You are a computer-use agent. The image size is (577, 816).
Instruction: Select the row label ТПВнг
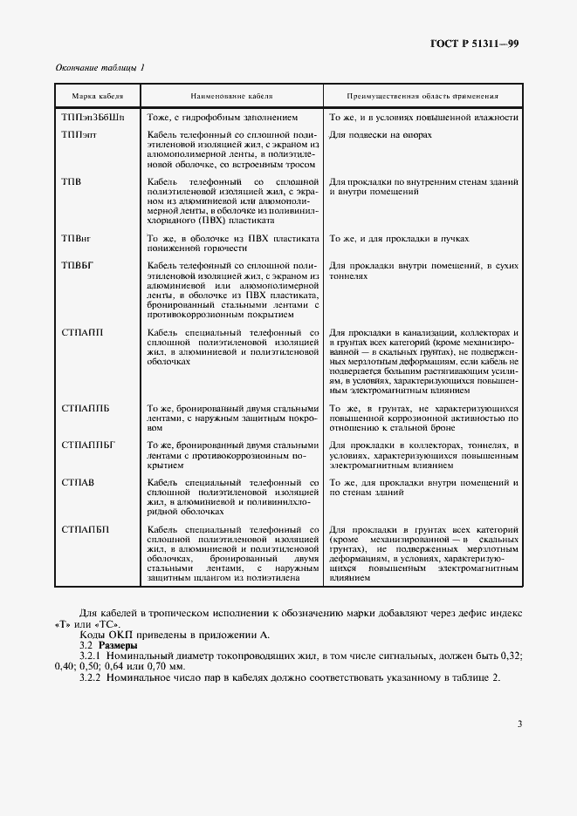point(77,238)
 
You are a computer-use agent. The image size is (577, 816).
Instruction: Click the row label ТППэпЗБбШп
point(93,116)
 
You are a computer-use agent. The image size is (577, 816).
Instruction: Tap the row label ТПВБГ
point(78,264)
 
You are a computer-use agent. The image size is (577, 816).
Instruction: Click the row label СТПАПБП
point(86,529)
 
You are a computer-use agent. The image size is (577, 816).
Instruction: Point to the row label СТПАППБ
point(86,409)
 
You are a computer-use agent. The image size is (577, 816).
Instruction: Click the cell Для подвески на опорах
point(381,135)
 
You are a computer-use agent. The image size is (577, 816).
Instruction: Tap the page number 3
point(519,723)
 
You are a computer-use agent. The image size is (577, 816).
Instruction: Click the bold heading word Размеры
point(117,645)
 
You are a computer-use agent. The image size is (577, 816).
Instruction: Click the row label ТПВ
point(72,180)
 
